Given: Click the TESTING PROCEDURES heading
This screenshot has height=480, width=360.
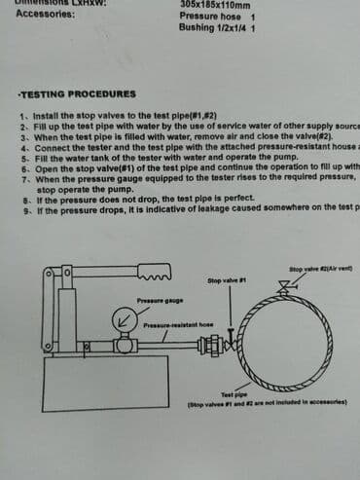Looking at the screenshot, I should point(78,94).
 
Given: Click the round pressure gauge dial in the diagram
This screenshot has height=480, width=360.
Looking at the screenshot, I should point(124,320).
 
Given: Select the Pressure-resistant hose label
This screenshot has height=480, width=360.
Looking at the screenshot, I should point(178,324).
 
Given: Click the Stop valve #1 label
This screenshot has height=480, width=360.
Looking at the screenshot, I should point(226,280).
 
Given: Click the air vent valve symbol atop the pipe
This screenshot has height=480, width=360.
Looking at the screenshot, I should point(285,286).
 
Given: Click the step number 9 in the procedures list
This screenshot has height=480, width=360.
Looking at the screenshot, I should point(22,207).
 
